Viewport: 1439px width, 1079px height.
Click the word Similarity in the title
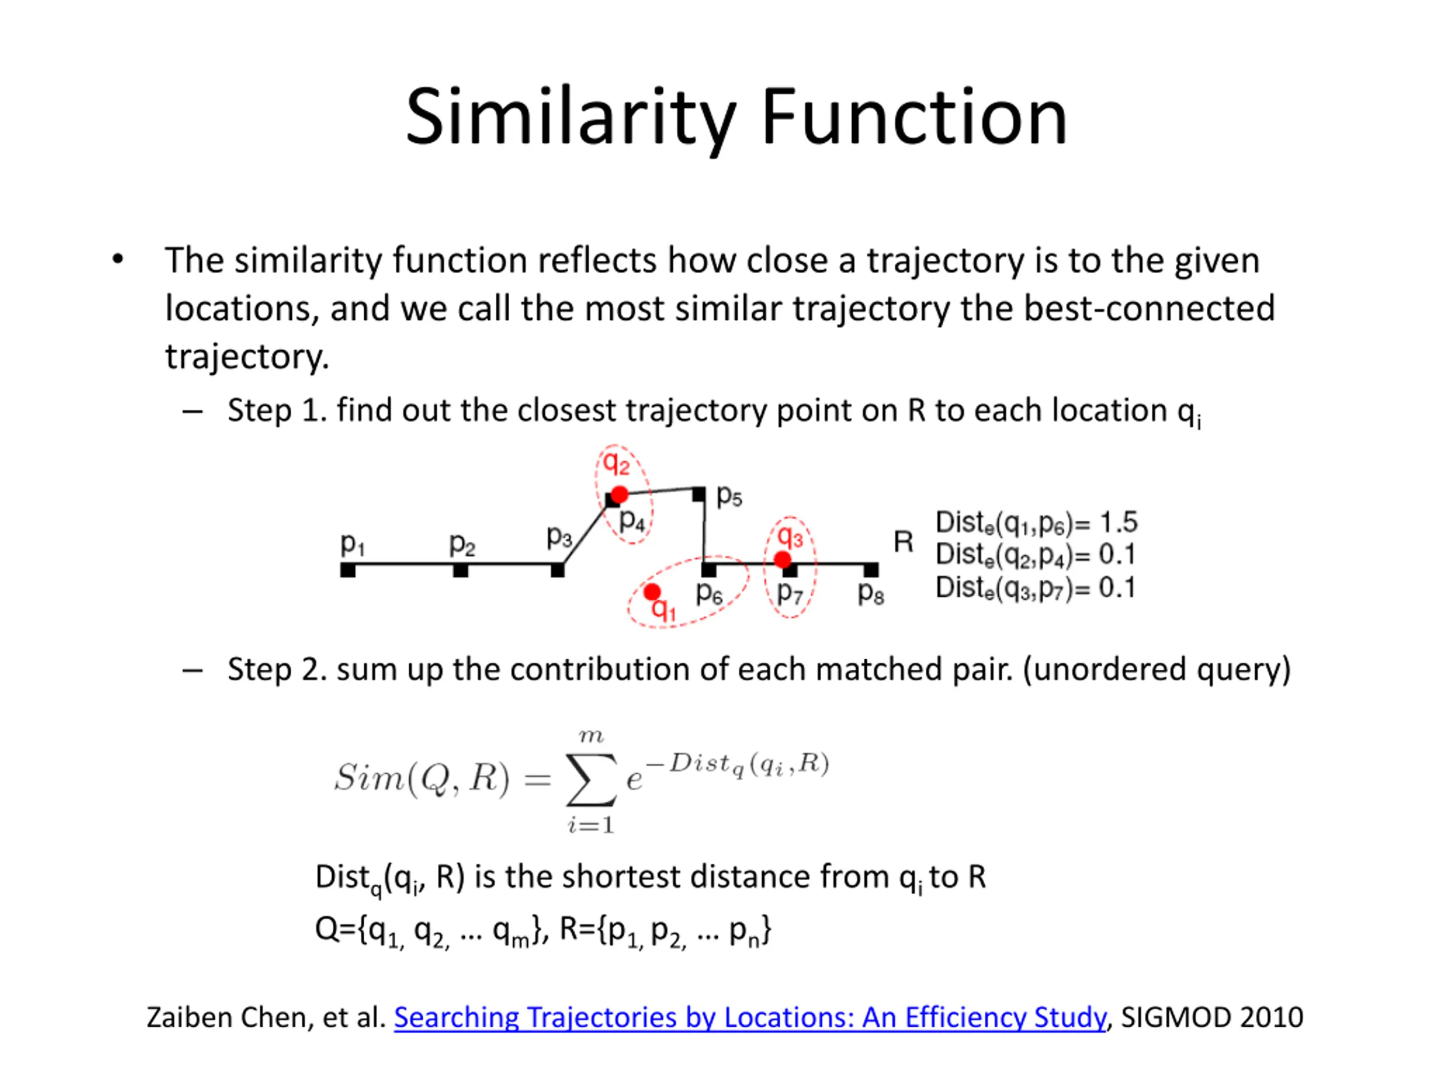click(x=570, y=117)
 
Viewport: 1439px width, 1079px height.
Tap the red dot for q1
click(x=652, y=591)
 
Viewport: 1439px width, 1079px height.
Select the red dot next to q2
click(x=619, y=495)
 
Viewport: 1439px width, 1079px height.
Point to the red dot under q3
click(x=782, y=559)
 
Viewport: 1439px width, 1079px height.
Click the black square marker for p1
click(x=348, y=570)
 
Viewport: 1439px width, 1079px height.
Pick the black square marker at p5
click(x=699, y=495)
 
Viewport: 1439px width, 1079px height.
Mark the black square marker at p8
click(x=871, y=570)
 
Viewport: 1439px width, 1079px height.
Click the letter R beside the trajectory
click(x=903, y=542)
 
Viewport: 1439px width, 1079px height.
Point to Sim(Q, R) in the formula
click(x=422, y=777)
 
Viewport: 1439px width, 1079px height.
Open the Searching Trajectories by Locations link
click(x=749, y=1017)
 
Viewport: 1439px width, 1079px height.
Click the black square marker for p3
click(x=558, y=570)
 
